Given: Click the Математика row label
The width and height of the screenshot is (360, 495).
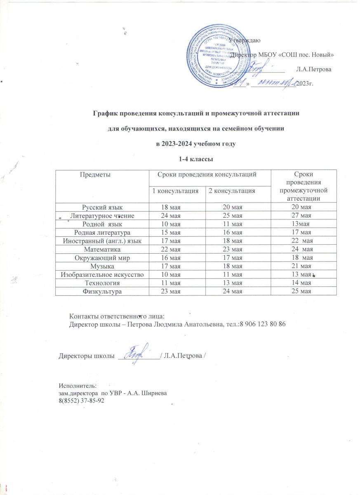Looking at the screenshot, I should coord(102,249).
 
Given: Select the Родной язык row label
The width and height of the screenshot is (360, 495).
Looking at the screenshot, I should coord(101,224).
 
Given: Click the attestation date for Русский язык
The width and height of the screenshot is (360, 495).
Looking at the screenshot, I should coord(300,207).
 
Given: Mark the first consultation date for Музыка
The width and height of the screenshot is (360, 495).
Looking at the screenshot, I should coord(176,266).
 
